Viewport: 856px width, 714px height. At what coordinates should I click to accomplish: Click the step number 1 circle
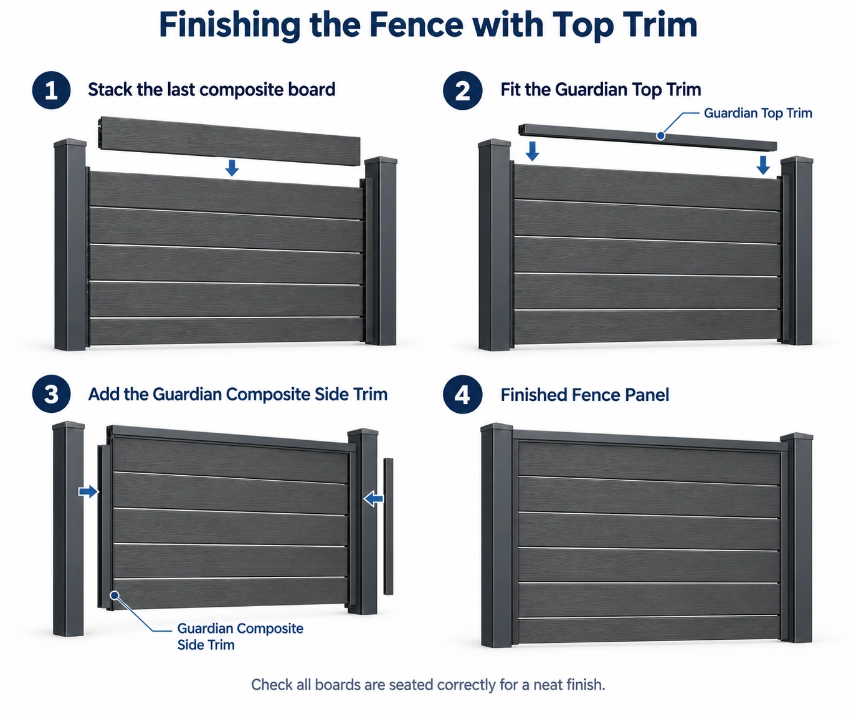[51, 90]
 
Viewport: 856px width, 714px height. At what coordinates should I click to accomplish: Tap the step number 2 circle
[462, 90]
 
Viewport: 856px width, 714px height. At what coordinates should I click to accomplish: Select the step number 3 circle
[51, 394]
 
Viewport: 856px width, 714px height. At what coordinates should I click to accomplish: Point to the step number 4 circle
[462, 394]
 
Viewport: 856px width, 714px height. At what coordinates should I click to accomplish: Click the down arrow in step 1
[232, 168]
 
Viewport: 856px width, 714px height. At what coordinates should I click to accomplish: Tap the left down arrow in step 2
[532, 151]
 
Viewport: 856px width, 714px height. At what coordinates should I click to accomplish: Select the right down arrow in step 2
[763, 165]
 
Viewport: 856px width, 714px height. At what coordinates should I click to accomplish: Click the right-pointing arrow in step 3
[88, 491]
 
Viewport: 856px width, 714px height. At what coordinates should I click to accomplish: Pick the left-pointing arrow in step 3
[373, 499]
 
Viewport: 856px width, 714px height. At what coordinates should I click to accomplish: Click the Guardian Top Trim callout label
[758, 113]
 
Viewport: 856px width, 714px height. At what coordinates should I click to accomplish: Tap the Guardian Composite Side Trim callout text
[240, 637]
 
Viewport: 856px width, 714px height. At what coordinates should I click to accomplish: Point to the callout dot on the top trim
[660, 135]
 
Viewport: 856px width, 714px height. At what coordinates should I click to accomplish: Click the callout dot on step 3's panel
[115, 596]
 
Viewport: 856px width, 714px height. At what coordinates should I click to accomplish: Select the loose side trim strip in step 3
[388, 526]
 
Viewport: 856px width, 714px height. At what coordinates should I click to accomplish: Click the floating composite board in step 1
[230, 141]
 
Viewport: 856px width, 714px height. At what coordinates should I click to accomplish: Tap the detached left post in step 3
[69, 529]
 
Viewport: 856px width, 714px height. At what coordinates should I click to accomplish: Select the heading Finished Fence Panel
[584, 395]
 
